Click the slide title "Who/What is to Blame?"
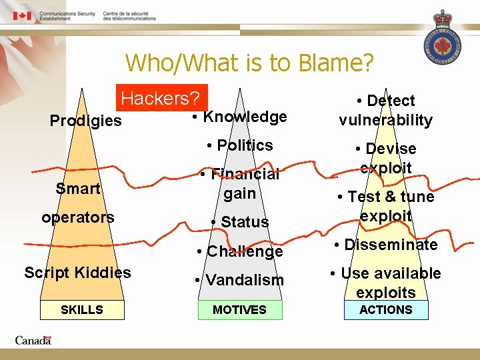point(249,63)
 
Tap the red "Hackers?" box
point(161,98)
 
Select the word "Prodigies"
point(86,121)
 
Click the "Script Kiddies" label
point(77,273)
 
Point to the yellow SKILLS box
point(82,310)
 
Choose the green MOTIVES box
point(239,310)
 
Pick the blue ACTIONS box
point(385,310)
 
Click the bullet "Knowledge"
point(239,117)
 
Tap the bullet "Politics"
point(239,145)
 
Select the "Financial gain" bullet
point(239,183)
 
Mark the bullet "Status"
point(239,222)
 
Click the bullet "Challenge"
point(239,251)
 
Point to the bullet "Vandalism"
point(239,280)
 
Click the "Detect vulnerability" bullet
point(385,110)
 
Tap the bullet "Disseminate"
point(385,245)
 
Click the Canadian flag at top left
point(22,16)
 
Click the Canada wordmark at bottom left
point(33,341)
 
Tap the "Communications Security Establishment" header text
point(67,16)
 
